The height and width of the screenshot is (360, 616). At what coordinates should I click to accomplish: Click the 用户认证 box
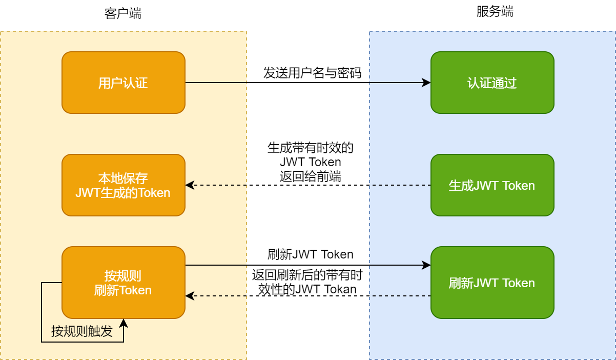pos(123,83)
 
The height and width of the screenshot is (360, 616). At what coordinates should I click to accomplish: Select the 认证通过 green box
pos(492,83)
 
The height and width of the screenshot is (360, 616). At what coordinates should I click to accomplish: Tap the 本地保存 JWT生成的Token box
pos(123,185)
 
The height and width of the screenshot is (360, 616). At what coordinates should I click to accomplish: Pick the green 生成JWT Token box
pos(492,185)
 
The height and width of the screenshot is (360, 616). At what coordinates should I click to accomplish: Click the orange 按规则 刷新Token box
pos(123,283)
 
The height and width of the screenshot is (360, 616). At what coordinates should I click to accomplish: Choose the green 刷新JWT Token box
pos(492,283)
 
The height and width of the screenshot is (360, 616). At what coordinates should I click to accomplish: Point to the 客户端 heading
pos(123,13)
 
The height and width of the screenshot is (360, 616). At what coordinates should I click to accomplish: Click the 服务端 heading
pos(495,12)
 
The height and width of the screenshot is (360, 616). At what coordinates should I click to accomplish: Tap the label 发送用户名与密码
pos(312,73)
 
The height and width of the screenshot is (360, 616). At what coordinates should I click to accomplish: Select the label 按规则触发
pos(82,331)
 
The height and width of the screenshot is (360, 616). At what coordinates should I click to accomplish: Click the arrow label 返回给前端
pos(311,176)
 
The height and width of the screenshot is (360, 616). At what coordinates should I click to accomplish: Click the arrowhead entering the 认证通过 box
pos(426,83)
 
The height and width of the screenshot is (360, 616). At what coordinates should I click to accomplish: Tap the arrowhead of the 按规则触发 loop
pos(123,323)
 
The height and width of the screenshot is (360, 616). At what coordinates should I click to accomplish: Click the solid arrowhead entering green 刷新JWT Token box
pos(426,265)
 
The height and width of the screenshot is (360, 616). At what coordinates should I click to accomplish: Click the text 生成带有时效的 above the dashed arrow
pos(311,148)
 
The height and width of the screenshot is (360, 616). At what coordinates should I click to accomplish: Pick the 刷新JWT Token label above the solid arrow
pos(311,254)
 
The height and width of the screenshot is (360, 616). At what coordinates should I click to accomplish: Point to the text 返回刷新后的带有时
pos(307,275)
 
